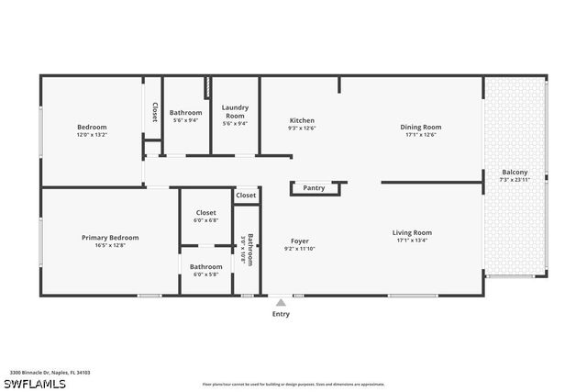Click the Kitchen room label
pyautogui.click(x=302, y=120)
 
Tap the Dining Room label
pyautogui.click(x=420, y=127)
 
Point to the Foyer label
pyautogui.click(x=300, y=241)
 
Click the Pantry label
pyautogui.click(x=314, y=188)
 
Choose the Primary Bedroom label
pyautogui.click(x=110, y=237)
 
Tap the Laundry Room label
pyautogui.click(x=235, y=111)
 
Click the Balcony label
pyautogui.click(x=515, y=173)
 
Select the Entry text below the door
pyautogui.click(x=281, y=314)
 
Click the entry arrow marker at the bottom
pyautogui.click(x=281, y=300)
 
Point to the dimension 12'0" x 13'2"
pyautogui.click(x=92, y=134)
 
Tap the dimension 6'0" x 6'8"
pyautogui.click(x=205, y=220)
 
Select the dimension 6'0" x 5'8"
pyautogui.click(x=205, y=274)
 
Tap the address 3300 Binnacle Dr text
pyautogui.click(x=50, y=373)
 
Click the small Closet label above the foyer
pyautogui.click(x=246, y=196)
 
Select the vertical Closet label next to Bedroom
pyautogui.click(x=154, y=112)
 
